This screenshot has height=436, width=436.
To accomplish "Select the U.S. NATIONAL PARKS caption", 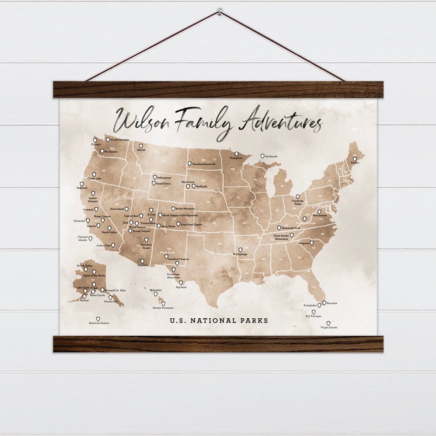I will click(x=219, y=320).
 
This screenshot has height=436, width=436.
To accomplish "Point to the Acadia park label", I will click(x=355, y=163).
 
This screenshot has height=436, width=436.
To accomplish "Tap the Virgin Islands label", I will click(x=329, y=327).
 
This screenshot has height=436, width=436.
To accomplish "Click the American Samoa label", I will click(x=99, y=323).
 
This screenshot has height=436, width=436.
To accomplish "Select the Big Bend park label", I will click(x=181, y=288).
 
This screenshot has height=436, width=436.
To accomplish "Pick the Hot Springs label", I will click(x=240, y=254).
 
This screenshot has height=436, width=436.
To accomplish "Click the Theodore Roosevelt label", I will click(x=204, y=164).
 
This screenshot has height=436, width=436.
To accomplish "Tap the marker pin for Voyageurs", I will click(x=236, y=154).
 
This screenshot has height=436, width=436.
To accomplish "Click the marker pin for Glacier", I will click(x=141, y=146).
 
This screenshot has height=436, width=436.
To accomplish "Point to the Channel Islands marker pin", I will click(x=90, y=238).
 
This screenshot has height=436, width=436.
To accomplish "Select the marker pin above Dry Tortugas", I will click(x=313, y=312).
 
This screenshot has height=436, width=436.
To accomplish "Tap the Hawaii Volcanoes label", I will click(x=163, y=308).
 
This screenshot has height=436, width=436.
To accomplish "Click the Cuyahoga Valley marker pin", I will click(x=298, y=197).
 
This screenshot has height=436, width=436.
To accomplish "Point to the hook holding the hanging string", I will click(x=219, y=9).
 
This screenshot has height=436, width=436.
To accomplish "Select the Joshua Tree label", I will click(x=103, y=245).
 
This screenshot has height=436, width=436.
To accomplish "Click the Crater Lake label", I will click(x=94, y=178).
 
